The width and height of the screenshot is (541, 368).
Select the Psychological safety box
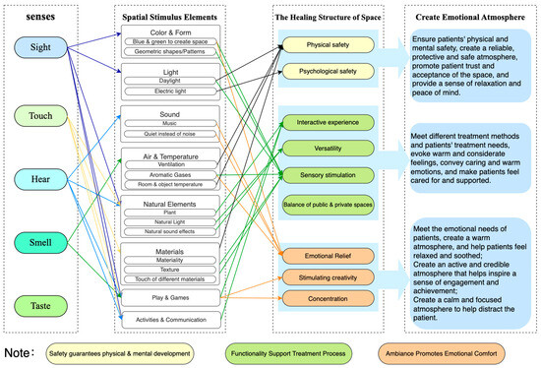coord(327,71)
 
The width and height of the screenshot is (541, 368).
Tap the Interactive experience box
coord(327,122)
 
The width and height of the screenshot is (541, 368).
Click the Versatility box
coord(327,147)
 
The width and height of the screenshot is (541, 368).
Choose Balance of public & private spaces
coord(327,203)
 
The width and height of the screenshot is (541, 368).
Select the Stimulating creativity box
coord(327,277)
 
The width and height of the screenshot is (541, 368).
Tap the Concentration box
coord(327,297)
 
